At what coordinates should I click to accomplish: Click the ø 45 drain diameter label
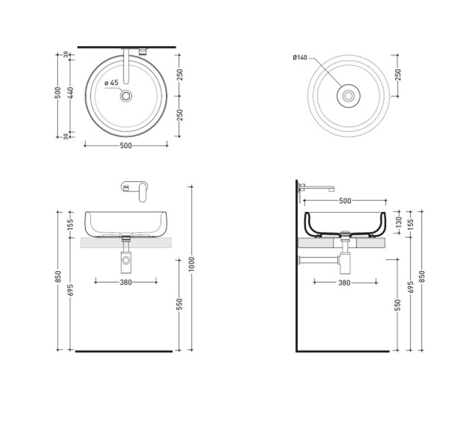click(111, 83)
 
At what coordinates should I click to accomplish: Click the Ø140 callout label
click(300, 58)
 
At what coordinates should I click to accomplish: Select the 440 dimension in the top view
click(70, 93)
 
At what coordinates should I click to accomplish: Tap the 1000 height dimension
click(191, 265)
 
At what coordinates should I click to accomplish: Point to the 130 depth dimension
click(399, 222)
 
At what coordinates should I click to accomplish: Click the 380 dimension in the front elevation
click(125, 283)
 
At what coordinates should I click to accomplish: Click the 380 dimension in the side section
click(344, 283)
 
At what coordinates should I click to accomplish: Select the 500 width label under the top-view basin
click(125, 146)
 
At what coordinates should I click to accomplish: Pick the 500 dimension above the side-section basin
click(345, 201)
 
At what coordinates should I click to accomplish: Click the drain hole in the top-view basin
click(125, 96)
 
